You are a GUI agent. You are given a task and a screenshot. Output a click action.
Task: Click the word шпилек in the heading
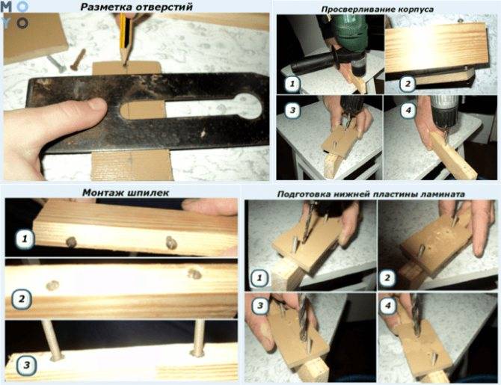[148, 193]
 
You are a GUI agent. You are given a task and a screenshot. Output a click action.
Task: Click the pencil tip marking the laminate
[125, 63]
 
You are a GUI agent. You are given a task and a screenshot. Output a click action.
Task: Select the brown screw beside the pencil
[78, 59]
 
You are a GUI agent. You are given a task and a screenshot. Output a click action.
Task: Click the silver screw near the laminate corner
[56, 64]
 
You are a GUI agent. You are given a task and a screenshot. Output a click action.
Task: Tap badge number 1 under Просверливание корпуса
[292, 84]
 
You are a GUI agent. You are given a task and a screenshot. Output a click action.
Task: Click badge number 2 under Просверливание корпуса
[408, 84]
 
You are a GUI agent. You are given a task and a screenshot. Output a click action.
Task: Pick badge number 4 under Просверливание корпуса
[408, 111]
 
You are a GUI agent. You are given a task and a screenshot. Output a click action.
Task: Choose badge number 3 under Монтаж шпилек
[26, 366]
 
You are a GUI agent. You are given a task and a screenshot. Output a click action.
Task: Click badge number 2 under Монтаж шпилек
[22, 299]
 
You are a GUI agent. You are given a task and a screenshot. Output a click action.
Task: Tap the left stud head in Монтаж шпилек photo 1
[71, 242]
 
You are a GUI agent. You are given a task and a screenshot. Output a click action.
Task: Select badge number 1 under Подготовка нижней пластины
[259, 278]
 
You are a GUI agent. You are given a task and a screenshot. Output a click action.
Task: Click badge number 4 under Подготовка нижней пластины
[387, 306]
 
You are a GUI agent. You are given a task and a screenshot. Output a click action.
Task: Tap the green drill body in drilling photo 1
[349, 31]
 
